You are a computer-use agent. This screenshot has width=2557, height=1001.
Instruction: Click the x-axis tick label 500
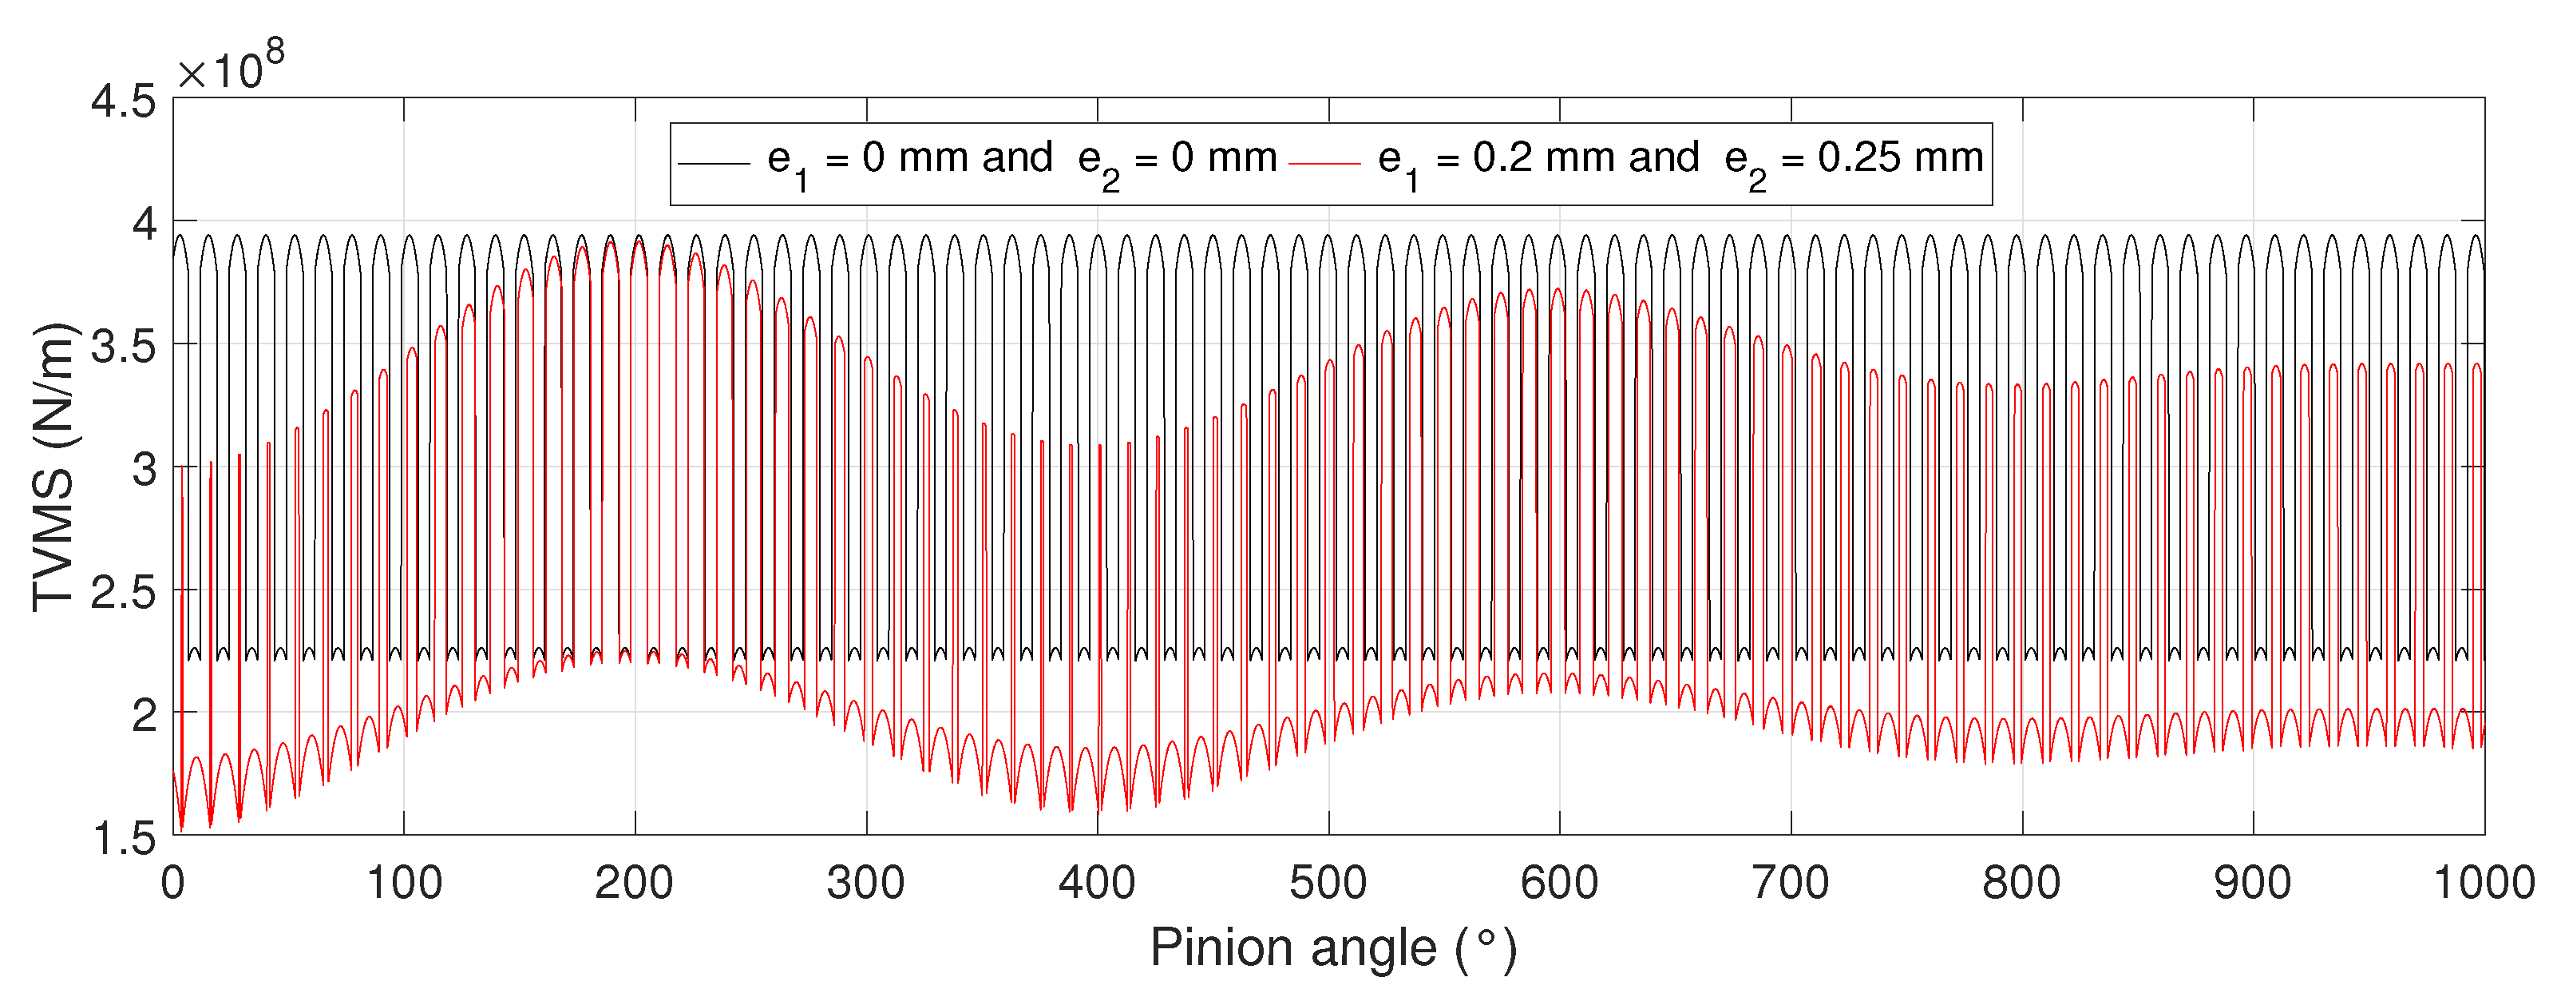pos(1328,883)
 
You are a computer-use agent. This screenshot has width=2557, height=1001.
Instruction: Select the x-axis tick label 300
pos(865,883)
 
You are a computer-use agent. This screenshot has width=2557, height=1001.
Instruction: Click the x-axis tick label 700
pos(1791,883)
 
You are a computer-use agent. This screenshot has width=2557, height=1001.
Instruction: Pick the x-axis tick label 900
pos(2252,883)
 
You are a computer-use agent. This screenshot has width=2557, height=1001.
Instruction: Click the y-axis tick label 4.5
pos(123,101)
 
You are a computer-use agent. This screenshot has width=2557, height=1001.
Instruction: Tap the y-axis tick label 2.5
pos(123,593)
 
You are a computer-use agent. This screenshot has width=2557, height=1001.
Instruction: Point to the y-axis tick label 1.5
pos(123,839)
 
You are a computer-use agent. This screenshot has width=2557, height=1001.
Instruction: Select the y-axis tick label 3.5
pos(123,348)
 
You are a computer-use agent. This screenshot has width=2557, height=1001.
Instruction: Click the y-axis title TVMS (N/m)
pos(53,467)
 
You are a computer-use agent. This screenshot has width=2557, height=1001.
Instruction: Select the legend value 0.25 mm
pos(1900,158)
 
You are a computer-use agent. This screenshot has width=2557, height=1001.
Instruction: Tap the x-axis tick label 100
pos(404,883)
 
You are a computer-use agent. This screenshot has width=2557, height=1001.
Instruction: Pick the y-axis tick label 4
pos(144,224)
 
